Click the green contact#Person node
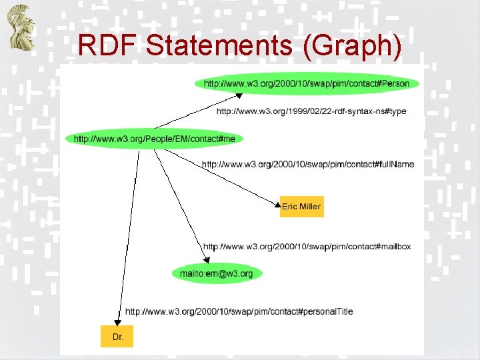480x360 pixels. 307,84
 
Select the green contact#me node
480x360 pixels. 155,139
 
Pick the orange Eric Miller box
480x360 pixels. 301,207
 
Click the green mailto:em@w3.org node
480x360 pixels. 217,273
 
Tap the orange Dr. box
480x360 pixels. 117,337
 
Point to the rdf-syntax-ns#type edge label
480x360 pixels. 311,111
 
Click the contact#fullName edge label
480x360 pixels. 308,165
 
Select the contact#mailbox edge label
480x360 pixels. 307,247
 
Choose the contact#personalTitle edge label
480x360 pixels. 239,311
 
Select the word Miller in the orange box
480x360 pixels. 310,207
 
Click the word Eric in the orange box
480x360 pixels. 289,207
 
